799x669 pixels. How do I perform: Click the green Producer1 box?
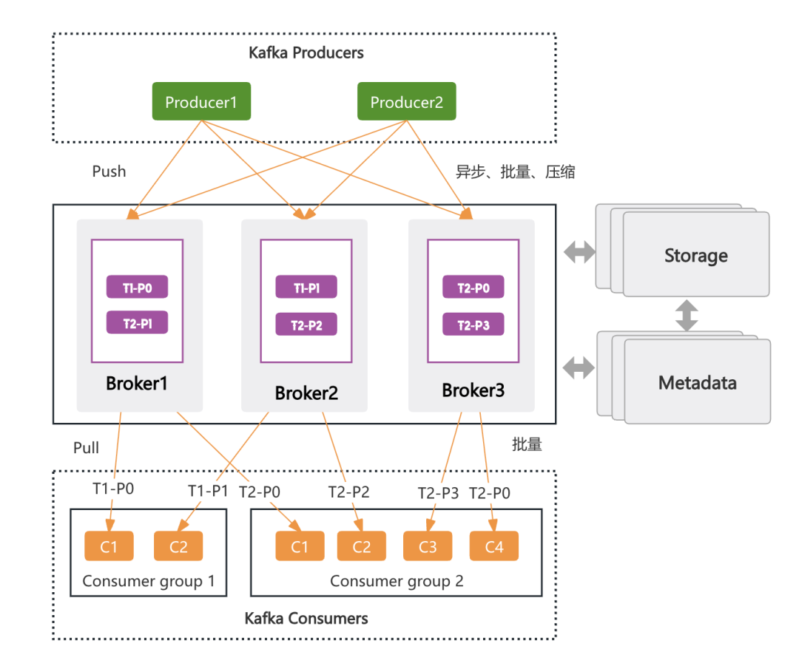coord(201,102)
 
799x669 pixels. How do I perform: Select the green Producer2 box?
coord(407,102)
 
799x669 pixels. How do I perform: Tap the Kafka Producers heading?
coord(306,53)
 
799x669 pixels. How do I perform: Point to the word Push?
coord(109,172)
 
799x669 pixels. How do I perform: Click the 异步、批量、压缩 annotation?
coord(516,172)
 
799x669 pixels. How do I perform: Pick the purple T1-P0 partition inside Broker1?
coord(138,287)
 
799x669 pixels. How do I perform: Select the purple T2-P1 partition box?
coord(138,322)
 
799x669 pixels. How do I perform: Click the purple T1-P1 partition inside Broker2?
coord(306,287)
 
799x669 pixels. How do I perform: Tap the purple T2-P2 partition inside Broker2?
coord(306,325)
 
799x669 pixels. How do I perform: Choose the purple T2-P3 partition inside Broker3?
coord(473,325)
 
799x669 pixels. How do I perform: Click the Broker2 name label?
coord(306,393)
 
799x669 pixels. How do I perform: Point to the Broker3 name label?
coord(473,390)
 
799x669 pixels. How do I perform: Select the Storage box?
coord(695,256)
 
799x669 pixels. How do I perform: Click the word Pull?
coord(86,448)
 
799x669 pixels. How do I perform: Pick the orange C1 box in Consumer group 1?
coord(109,546)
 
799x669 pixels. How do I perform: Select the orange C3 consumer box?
coord(428,546)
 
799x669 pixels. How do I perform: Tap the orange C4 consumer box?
coord(493,546)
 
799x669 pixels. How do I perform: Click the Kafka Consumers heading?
coord(306,618)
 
